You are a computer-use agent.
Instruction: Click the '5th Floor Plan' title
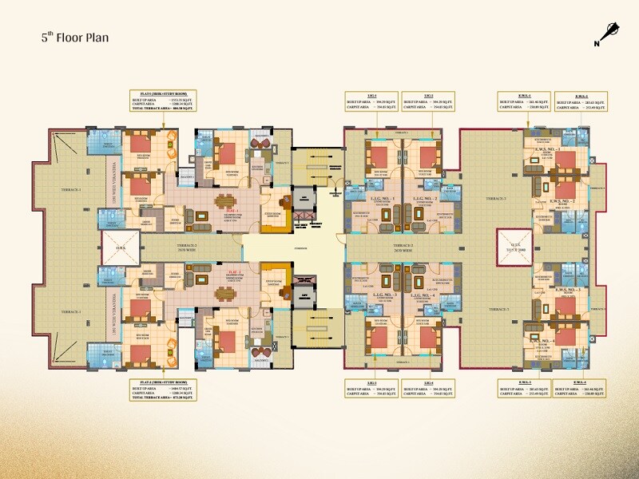(75, 38)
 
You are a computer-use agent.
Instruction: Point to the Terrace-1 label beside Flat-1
(69, 189)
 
